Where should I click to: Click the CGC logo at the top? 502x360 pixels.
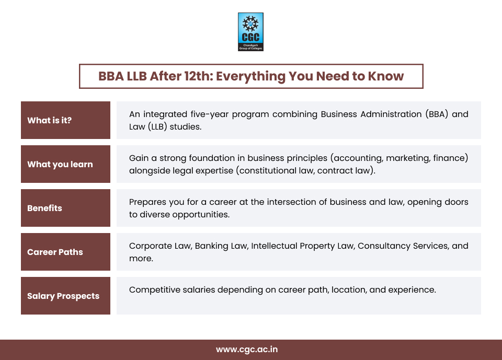(x=250, y=32)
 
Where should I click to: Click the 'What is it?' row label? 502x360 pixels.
(x=50, y=120)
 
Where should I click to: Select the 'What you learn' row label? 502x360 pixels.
(x=60, y=164)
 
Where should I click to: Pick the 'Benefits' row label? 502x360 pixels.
(x=44, y=208)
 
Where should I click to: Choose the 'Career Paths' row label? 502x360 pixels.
(x=55, y=252)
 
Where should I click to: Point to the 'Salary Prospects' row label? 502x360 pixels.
(x=63, y=296)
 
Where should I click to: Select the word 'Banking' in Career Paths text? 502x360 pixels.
(x=212, y=246)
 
